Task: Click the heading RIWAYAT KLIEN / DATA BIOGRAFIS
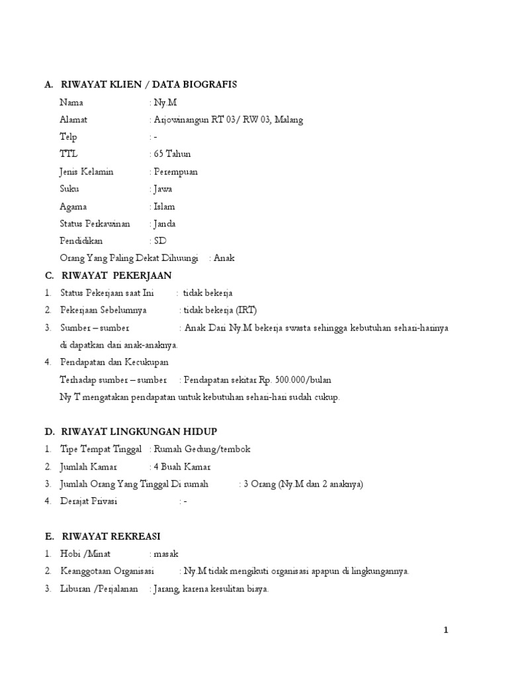coord(149,85)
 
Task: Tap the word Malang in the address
coord(289,120)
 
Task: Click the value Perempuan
coord(175,171)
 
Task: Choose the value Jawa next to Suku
coord(163,189)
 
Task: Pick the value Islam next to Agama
coord(164,207)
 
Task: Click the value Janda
coord(164,224)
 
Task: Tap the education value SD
coord(160,241)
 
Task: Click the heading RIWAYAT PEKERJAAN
coord(116,275)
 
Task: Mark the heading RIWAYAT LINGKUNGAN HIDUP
coord(139,432)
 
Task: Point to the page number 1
coord(446,630)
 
